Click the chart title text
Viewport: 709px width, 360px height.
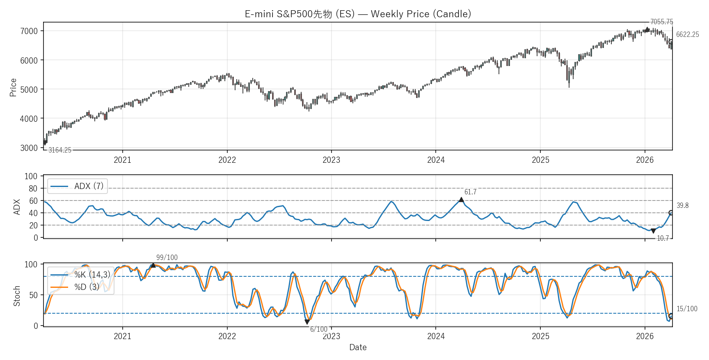point(358,14)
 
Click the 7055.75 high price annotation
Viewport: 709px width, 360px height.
point(661,22)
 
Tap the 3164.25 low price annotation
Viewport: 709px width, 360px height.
point(60,150)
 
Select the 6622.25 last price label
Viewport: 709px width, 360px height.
point(687,34)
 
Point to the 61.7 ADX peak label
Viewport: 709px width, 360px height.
point(470,192)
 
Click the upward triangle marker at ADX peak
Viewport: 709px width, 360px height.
point(461,200)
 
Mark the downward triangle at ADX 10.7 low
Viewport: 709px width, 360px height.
point(653,231)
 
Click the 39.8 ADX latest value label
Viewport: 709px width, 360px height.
point(682,205)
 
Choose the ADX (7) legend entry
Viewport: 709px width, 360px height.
point(88,186)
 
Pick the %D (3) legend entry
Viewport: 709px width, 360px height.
point(87,287)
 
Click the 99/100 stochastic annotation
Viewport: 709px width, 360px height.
point(167,257)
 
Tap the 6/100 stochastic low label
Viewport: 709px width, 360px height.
point(318,329)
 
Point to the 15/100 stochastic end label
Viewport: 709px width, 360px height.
point(686,309)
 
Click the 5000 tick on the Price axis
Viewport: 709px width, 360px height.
point(29,89)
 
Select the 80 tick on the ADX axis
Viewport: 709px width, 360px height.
point(33,189)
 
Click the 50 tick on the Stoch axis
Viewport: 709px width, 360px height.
point(33,295)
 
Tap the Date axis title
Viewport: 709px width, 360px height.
point(358,347)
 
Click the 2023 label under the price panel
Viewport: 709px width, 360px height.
point(331,160)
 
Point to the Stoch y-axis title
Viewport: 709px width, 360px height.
point(17,296)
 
